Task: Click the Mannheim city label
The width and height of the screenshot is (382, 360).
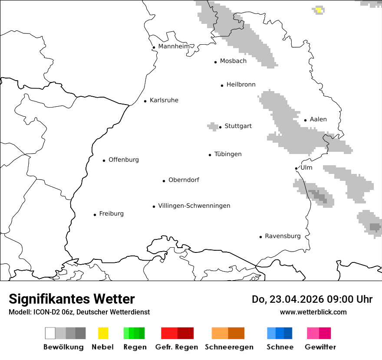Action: [174, 46]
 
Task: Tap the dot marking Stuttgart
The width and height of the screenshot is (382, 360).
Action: [221, 127]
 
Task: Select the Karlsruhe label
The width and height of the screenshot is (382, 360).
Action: [164, 100]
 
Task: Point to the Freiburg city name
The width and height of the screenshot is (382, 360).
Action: [111, 213]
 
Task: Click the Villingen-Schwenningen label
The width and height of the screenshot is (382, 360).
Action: [194, 206]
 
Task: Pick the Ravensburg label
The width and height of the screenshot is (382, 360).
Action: [283, 236]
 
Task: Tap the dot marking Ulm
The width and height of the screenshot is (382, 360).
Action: [296, 168]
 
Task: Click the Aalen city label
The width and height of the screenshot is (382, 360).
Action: [318, 119]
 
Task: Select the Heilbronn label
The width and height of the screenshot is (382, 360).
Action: [241, 85]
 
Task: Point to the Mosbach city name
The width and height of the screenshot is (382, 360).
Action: [233, 61]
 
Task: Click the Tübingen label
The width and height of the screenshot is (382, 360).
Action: [228, 154]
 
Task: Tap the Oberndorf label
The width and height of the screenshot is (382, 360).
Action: [184, 180]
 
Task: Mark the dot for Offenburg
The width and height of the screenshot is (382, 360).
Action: [104, 160]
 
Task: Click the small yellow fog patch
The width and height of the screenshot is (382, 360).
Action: [319, 10]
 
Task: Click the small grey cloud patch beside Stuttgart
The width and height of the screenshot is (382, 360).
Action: [213, 126]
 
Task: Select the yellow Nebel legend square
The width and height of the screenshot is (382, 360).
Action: [103, 333]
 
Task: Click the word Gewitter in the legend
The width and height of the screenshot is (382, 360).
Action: [320, 347]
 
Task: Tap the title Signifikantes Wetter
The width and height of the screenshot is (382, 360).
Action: [72, 299]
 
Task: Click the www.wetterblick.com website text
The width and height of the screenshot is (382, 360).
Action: [313, 312]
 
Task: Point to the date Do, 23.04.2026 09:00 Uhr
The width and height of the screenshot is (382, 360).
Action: [312, 299]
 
